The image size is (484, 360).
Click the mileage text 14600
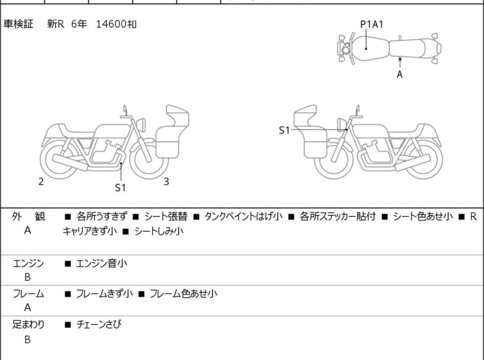pos(111,24)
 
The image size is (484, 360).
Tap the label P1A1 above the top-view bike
pos(372,24)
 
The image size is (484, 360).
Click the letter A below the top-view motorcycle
pos(400,74)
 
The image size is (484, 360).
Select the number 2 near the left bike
pos(41,182)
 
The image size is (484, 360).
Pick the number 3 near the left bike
pos(166,182)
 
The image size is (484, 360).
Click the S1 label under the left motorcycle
pos(121,188)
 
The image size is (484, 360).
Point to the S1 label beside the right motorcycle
pos(284,130)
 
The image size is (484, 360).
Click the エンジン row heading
pos(28,263)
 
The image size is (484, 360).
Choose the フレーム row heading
pos(28,294)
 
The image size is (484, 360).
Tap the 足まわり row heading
pos(28,325)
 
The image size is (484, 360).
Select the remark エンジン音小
pos(102,263)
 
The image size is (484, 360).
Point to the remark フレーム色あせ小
pos(183,294)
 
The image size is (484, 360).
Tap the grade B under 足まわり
pos(28,340)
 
